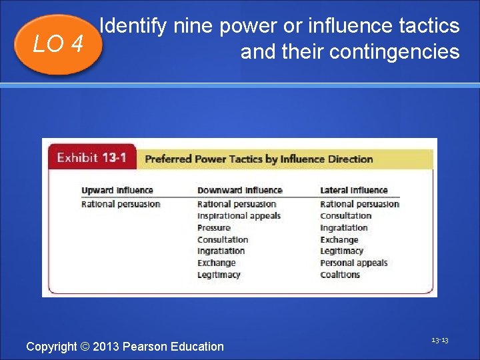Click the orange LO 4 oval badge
[58, 44]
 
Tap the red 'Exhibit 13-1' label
[92, 158]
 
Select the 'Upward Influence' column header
[117, 191]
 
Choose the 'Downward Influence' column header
[239, 191]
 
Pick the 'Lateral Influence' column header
[353, 191]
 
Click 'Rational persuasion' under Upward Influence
[121, 204]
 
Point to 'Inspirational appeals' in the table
[239, 216]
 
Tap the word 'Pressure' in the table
[214, 228]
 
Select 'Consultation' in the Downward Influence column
[223, 239]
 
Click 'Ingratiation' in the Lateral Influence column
[343, 228]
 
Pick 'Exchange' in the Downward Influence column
[217, 263]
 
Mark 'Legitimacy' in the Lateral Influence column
[341, 251]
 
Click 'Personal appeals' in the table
[353, 263]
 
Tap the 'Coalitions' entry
[340, 275]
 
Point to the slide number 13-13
[439, 341]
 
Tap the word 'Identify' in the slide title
[133, 27]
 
